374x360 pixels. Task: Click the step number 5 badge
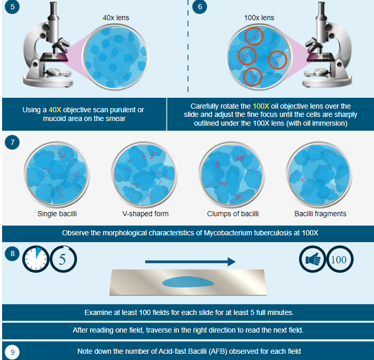point(12,7)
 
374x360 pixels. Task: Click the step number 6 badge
point(200,7)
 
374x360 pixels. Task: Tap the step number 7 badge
point(12,142)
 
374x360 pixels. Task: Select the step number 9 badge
point(12,352)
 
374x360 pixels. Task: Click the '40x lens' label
point(116,18)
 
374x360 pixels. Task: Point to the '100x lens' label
point(259,18)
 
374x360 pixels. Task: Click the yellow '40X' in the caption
point(55,110)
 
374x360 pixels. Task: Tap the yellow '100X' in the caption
point(261,106)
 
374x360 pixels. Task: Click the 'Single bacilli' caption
point(57,214)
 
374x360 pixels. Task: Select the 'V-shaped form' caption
point(145,214)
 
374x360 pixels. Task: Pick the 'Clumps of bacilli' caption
point(233,214)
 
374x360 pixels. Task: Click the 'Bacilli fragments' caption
point(320,214)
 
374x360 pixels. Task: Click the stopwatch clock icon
point(36,259)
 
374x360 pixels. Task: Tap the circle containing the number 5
point(64,259)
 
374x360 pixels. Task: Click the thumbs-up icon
point(312,259)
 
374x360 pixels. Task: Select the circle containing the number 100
point(340,259)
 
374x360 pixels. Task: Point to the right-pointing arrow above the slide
point(190,262)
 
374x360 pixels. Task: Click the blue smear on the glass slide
point(188,282)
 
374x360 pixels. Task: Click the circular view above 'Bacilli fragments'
point(319,174)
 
